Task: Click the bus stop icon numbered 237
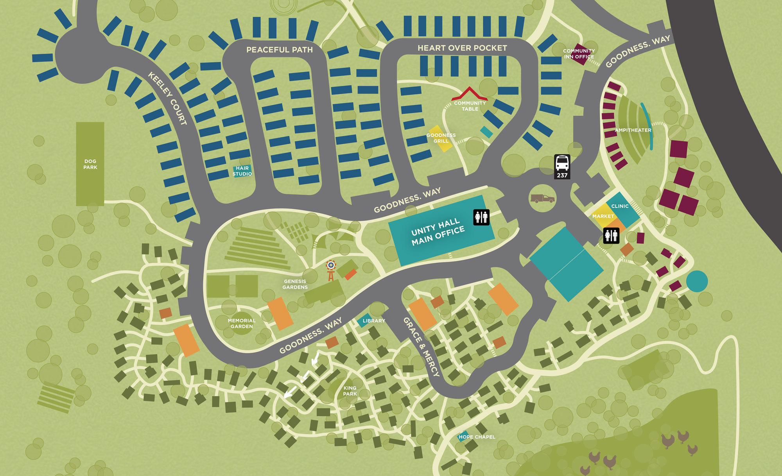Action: click(562, 166)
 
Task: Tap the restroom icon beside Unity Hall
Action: click(481, 217)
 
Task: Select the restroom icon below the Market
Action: click(611, 236)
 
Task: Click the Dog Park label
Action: click(90, 164)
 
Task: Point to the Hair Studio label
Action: click(242, 171)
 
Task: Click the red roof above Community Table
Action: click(469, 94)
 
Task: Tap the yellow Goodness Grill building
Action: click(441, 139)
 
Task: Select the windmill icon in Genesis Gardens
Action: click(331, 270)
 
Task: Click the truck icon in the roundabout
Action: click(542, 199)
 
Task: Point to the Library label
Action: click(373, 321)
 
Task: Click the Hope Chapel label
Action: click(477, 437)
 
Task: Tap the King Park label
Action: click(350, 391)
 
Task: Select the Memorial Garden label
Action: click(242, 323)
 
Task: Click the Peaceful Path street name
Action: click(279, 50)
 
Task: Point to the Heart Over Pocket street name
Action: click(462, 48)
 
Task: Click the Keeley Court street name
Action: click(167, 98)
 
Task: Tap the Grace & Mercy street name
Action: click(421, 347)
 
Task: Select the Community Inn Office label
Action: click(579, 54)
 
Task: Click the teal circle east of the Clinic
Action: click(697, 281)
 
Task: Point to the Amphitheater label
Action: click(633, 130)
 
